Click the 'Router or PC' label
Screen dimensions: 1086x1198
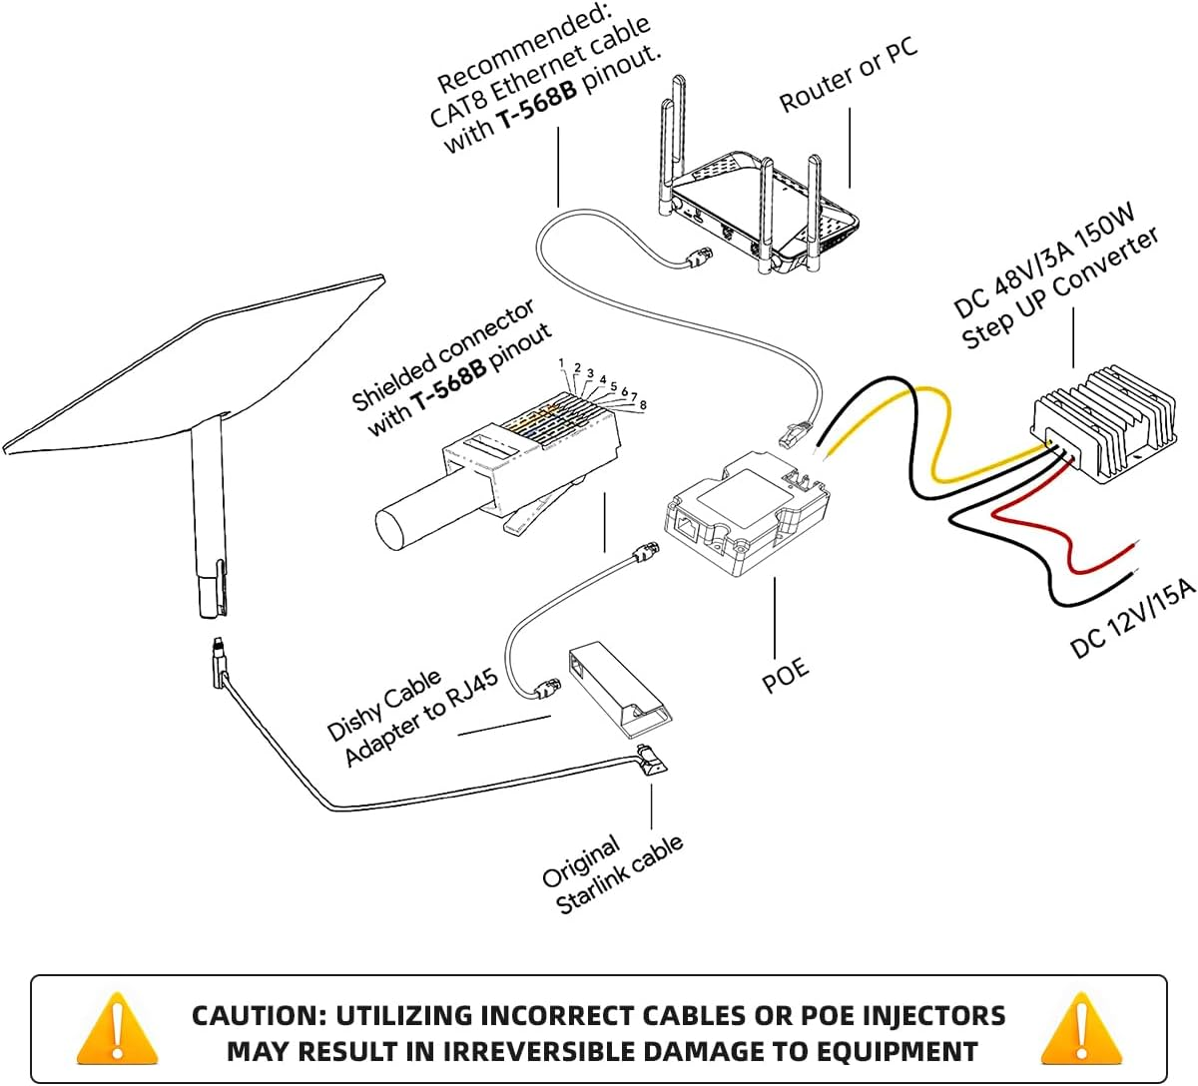(849, 76)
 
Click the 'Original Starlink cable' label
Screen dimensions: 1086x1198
(612, 874)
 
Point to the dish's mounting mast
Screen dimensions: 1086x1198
(207, 519)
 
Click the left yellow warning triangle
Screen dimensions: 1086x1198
(118, 1030)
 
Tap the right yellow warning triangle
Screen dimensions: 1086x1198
(1080, 1030)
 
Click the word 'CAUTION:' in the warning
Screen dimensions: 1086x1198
(258, 1016)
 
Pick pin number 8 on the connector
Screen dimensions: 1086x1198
(643, 405)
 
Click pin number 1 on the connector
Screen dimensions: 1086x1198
(562, 363)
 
